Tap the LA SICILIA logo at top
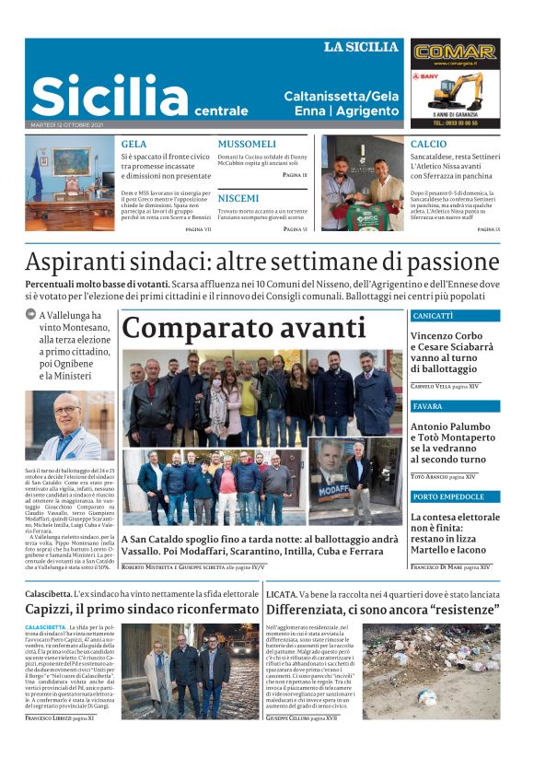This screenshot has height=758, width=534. pos(361,46)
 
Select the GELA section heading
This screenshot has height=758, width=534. pos(133,145)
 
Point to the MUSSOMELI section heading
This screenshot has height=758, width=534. pos(247,145)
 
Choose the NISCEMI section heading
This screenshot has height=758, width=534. pos(238,198)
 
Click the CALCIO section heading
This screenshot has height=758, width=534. pos(428,145)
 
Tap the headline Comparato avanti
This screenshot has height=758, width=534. pos(244,328)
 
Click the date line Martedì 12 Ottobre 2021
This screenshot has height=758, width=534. pos(66,124)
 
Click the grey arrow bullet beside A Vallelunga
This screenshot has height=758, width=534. pos(30,315)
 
